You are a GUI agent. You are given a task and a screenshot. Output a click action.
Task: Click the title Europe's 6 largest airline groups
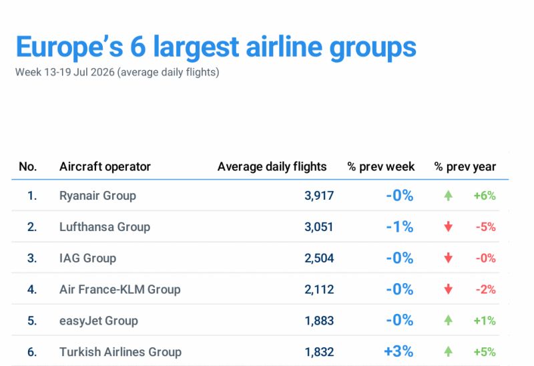point(216,47)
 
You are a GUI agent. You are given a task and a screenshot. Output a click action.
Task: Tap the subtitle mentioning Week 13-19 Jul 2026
point(117,72)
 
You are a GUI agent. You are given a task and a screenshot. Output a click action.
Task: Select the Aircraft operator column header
point(105,167)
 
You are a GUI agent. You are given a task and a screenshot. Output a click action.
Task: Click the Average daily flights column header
point(272,167)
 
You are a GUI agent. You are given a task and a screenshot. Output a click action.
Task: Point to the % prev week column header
point(380,167)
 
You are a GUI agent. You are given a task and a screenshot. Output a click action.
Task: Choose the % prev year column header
point(465,167)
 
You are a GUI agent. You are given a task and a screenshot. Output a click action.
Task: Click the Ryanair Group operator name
point(97,196)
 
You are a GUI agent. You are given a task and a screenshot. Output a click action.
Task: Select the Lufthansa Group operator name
point(105,227)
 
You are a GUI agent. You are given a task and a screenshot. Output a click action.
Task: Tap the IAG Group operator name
point(88,258)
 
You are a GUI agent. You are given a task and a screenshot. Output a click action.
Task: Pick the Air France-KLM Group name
point(120,290)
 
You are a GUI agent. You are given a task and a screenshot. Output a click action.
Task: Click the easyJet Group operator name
point(99,321)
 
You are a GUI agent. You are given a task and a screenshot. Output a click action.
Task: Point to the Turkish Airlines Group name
point(121,352)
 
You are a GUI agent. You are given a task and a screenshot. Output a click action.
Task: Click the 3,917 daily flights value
point(319,196)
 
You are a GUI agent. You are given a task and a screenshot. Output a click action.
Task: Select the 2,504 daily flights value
point(319,258)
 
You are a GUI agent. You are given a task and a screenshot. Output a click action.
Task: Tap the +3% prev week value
point(398,351)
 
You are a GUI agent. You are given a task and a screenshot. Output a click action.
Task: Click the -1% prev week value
point(400,226)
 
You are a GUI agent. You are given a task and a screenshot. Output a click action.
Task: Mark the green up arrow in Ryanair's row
point(448,196)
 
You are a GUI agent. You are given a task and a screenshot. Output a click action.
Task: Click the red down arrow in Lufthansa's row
point(448,226)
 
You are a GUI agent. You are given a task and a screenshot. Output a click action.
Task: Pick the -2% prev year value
point(486,290)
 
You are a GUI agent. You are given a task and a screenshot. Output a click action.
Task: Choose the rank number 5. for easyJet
point(32,321)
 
